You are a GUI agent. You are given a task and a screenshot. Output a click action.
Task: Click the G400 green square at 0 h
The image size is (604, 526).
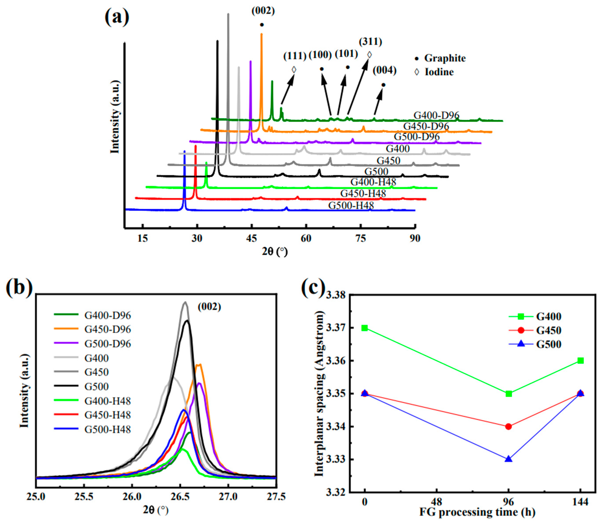click(365, 328)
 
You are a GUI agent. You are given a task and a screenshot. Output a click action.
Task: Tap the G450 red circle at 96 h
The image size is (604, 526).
click(509, 426)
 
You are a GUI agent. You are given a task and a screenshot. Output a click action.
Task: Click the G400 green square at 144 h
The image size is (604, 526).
click(580, 360)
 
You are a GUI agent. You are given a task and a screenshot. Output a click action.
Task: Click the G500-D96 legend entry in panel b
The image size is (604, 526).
click(107, 343)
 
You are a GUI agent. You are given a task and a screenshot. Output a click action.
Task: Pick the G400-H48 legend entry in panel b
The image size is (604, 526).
click(107, 401)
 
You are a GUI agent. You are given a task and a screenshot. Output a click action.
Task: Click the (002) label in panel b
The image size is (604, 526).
click(209, 307)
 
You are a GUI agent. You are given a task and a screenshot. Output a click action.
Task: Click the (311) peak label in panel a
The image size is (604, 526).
click(370, 42)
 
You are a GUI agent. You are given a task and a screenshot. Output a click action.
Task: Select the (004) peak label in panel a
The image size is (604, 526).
click(384, 70)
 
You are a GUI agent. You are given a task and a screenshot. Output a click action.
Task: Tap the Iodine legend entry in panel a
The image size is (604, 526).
click(439, 72)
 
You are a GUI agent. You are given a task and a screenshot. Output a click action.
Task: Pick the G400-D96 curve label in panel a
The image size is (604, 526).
click(436, 115)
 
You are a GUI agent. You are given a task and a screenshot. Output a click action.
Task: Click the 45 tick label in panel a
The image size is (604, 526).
click(252, 238)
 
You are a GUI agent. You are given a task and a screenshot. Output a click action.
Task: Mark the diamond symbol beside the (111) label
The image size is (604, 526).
click(294, 70)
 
